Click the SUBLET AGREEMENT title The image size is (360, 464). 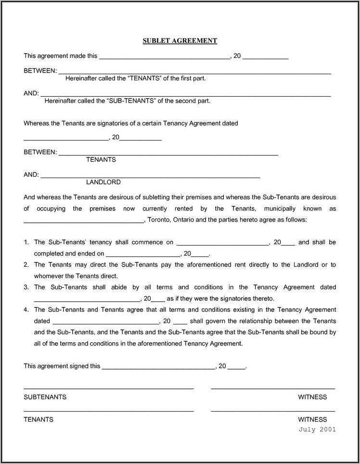pyautogui.click(x=180, y=41)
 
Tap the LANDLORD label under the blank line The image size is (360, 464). pyautogui.click(x=103, y=182)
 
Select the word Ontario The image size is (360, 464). pyautogui.click(x=187, y=219)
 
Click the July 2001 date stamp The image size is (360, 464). pyautogui.click(x=317, y=430)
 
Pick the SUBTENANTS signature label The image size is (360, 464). pyautogui.click(x=45, y=397)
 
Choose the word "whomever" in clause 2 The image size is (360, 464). pyautogui.click(x=49, y=276)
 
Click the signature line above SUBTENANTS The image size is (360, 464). pyautogui.click(x=109, y=387)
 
